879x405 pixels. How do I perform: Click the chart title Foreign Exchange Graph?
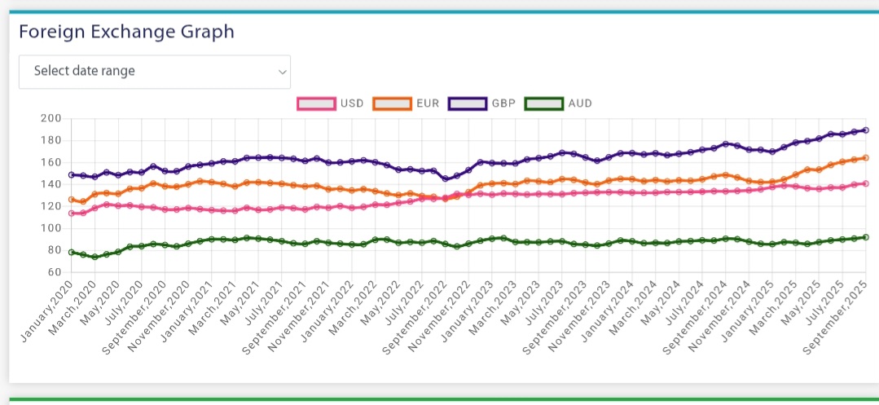[x=126, y=32]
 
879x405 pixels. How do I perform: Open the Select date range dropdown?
[x=154, y=72]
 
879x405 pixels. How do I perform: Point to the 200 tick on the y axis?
[x=51, y=118]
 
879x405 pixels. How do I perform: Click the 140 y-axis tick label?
[x=51, y=184]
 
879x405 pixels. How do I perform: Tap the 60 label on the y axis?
[x=54, y=272]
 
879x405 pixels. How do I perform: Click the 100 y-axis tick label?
[x=51, y=228]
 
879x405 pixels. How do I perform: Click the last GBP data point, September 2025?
[x=865, y=130]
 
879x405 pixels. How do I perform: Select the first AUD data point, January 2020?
[x=71, y=253]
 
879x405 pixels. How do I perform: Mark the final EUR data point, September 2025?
[x=865, y=158]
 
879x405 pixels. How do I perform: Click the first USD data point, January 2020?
[x=71, y=214]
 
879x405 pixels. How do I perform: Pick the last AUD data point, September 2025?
[x=865, y=237]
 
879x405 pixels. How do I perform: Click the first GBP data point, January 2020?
[x=71, y=174]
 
